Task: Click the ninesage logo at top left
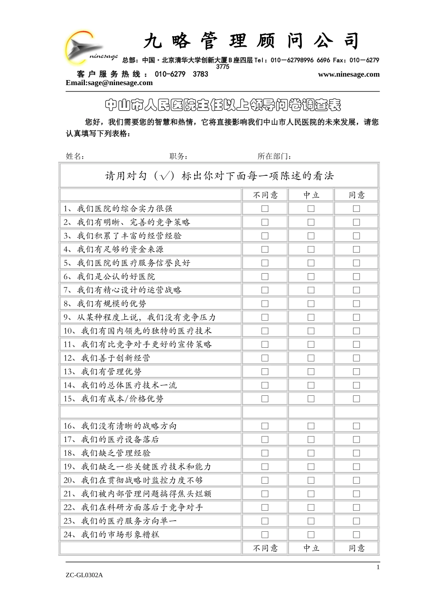pos(90,48)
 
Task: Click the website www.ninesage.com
pos(348,75)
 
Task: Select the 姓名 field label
pos(75,156)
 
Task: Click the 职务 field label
pos(179,156)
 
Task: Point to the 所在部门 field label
pos(274,156)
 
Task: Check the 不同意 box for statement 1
pos(265,209)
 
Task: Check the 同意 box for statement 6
pos(356,276)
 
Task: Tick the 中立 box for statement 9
pos(311,317)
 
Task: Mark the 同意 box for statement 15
pos(356,399)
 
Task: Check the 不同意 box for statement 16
pos(265,426)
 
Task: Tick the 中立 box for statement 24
pos(311,534)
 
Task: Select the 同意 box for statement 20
pos(356,480)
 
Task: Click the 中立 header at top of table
pos(311,195)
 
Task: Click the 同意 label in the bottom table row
pos(356,548)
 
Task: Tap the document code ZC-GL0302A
pos(84,575)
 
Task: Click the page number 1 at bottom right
pos(378,567)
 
